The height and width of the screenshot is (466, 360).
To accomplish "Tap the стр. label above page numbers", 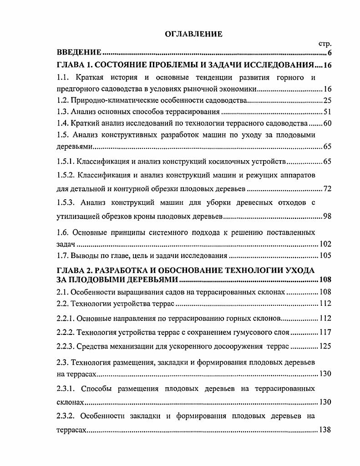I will [324, 44].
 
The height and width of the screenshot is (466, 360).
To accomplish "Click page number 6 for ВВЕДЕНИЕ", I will [329, 54].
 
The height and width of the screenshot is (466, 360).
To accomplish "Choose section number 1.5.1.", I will [66, 162].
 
